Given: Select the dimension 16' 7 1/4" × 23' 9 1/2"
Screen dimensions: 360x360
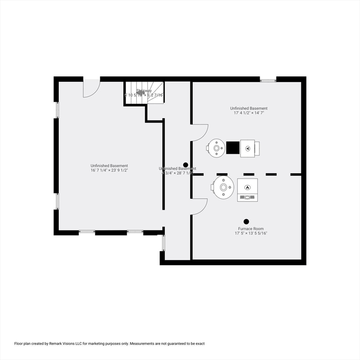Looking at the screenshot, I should [x=109, y=170].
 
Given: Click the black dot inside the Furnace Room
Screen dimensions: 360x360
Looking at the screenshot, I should [x=246, y=221].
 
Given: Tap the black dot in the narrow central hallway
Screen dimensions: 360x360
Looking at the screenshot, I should [x=186, y=165].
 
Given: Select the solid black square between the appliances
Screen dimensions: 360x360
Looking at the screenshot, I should [x=232, y=148].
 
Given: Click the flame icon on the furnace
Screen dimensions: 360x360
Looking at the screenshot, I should [x=247, y=187].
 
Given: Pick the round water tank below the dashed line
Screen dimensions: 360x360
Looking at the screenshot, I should [x=223, y=188].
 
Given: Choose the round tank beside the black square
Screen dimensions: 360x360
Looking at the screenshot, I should [x=217, y=148].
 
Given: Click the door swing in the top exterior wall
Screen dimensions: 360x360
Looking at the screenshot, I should [x=91, y=88].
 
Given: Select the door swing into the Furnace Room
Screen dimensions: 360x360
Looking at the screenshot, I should [x=199, y=206].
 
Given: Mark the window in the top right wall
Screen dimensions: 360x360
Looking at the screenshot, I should [x=268, y=80].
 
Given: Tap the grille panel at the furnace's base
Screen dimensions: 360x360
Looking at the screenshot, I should [x=247, y=198].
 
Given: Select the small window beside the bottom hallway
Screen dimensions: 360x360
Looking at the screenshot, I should [x=164, y=242].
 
